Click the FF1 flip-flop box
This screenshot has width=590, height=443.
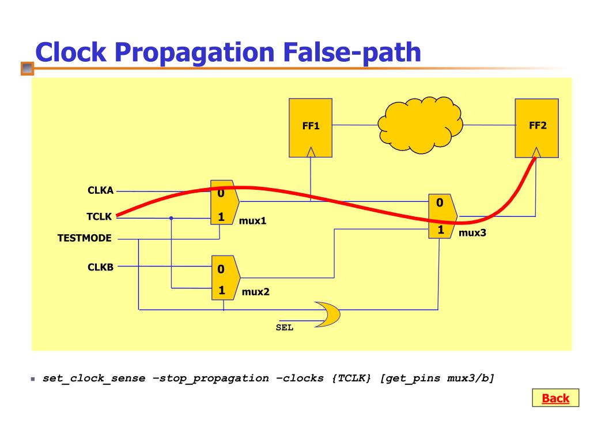pos(311,127)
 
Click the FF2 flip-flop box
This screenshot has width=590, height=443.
pos(536,127)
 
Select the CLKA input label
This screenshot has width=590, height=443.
pos(100,191)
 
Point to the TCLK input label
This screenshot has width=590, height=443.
pos(99,217)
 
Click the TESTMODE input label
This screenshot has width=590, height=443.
pos(85,238)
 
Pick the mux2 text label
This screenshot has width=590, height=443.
pos(255,292)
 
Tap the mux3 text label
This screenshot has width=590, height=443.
pos(472,234)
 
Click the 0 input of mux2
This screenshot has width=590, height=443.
pos(221,269)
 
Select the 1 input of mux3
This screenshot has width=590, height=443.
pos(441,230)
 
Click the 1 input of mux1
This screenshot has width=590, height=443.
pos(221,218)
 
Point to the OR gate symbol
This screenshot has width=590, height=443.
pos(327,314)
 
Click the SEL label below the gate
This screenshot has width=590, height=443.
pos(285,328)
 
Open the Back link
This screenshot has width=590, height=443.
pos(555,398)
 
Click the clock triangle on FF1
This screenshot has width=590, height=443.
pos(311,152)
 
